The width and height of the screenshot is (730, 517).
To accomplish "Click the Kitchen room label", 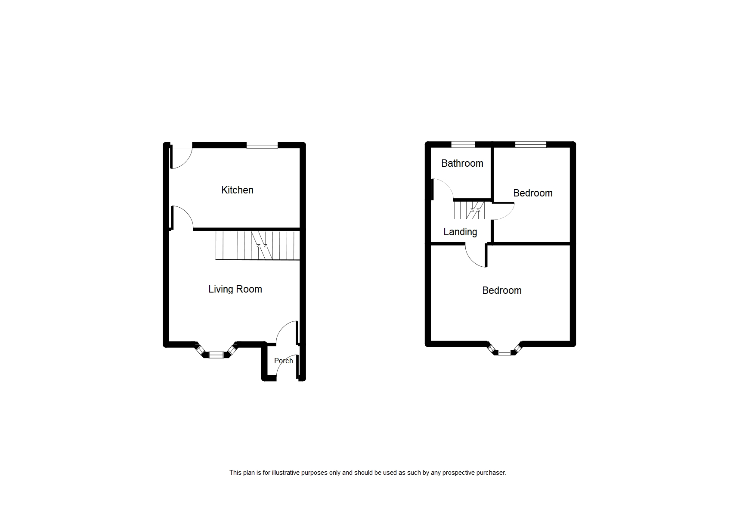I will click(x=237, y=190).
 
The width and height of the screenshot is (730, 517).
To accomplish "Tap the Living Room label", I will click(x=235, y=289).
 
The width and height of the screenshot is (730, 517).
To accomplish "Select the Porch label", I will click(x=283, y=361).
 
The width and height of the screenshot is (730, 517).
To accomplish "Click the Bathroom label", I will click(x=462, y=163).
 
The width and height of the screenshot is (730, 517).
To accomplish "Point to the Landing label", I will click(x=460, y=232).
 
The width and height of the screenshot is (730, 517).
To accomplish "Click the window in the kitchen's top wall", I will click(x=262, y=146).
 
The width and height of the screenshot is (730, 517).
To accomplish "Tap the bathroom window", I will click(x=463, y=145).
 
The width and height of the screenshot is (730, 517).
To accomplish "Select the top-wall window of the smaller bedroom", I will click(x=530, y=145).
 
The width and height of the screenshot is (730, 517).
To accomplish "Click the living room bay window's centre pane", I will click(x=217, y=355).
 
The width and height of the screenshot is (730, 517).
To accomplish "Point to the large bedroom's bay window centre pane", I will click(x=504, y=353).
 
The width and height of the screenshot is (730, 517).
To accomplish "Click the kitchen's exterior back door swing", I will click(x=181, y=158).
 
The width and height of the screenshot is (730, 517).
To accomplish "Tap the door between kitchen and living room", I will click(x=182, y=218).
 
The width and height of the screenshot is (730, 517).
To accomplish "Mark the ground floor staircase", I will click(x=257, y=246).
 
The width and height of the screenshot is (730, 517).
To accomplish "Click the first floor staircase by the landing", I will click(x=470, y=210).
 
